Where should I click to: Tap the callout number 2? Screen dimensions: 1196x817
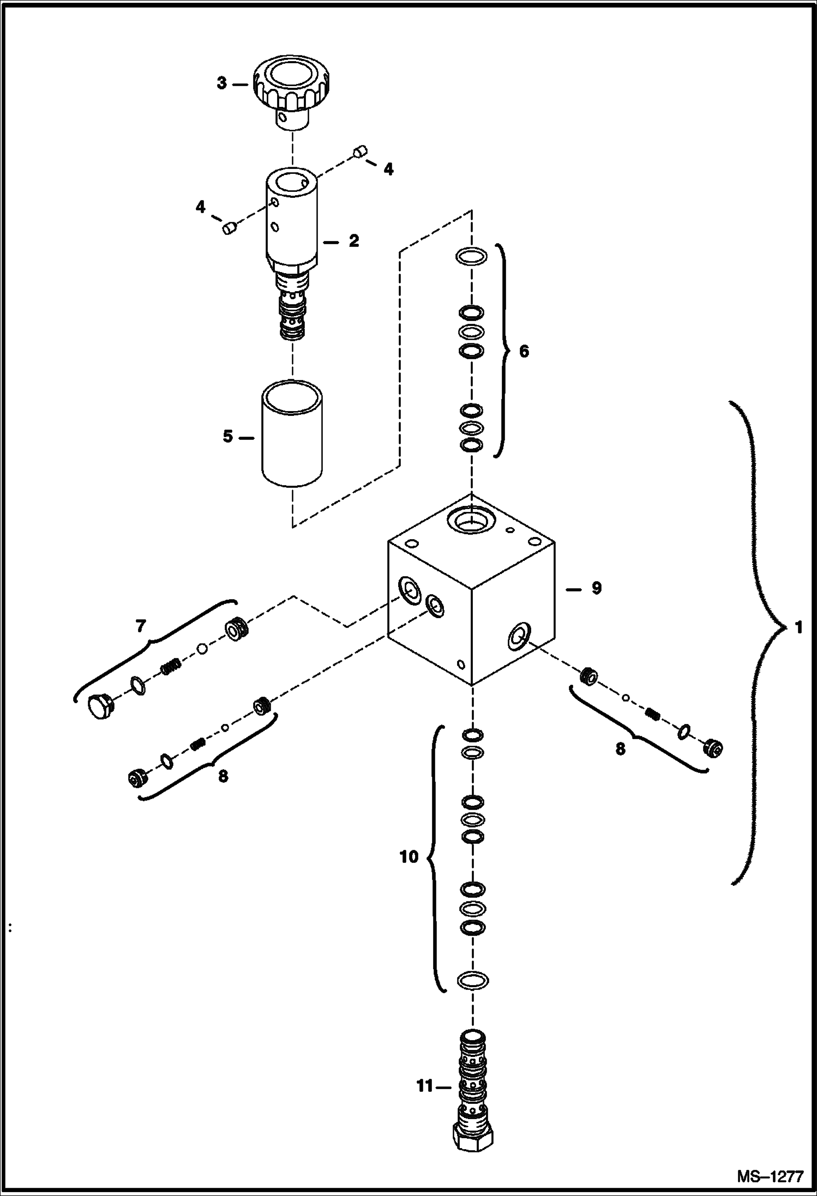354,240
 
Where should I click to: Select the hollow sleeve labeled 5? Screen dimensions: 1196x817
292,433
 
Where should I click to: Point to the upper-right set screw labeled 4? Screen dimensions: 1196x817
360,152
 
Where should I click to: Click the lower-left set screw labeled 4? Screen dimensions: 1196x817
229,228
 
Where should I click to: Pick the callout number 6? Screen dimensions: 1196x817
524,352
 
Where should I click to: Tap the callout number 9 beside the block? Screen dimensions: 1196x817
596,588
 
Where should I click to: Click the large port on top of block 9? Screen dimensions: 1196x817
471,520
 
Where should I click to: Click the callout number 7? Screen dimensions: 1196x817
141,626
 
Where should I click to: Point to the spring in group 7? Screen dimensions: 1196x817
171,666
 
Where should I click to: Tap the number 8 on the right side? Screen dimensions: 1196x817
620,749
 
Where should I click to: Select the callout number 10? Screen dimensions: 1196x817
408,857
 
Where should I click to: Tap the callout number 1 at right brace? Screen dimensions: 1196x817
798,628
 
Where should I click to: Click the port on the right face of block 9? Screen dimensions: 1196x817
519,636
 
